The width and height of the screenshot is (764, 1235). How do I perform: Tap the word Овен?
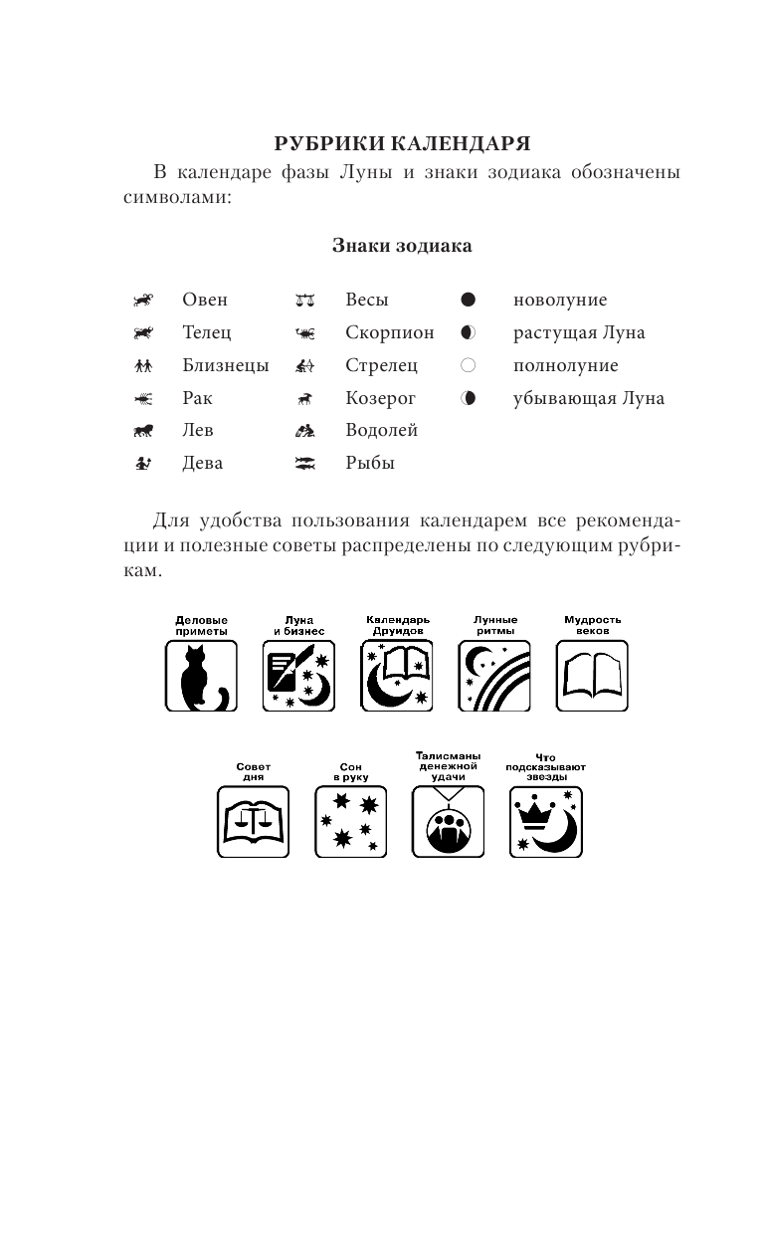(x=205, y=300)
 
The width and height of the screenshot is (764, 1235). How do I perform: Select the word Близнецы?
(x=226, y=365)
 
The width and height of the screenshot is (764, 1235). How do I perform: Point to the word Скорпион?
(x=390, y=332)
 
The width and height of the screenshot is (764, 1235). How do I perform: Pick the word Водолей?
(x=381, y=430)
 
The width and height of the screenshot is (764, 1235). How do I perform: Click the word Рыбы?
(x=370, y=463)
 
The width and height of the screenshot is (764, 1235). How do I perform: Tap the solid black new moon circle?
(x=469, y=300)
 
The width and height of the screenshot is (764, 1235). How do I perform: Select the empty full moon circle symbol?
(x=469, y=365)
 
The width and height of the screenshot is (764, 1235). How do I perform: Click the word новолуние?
(x=560, y=300)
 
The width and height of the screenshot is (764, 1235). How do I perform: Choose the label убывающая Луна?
(x=589, y=398)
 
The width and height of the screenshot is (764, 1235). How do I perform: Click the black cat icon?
(x=201, y=676)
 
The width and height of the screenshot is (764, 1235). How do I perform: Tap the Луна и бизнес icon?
(x=298, y=676)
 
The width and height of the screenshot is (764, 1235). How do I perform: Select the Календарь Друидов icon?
(x=397, y=676)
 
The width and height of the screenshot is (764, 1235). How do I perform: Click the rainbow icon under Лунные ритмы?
(x=494, y=676)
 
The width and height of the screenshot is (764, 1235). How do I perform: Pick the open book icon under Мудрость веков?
(x=592, y=676)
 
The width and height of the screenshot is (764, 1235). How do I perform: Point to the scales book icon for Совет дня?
(x=253, y=822)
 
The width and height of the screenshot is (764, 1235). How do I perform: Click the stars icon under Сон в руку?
(x=350, y=822)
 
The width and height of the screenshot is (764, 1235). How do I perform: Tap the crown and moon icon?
(x=546, y=822)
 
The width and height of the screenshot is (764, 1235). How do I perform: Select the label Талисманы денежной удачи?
(x=448, y=766)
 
